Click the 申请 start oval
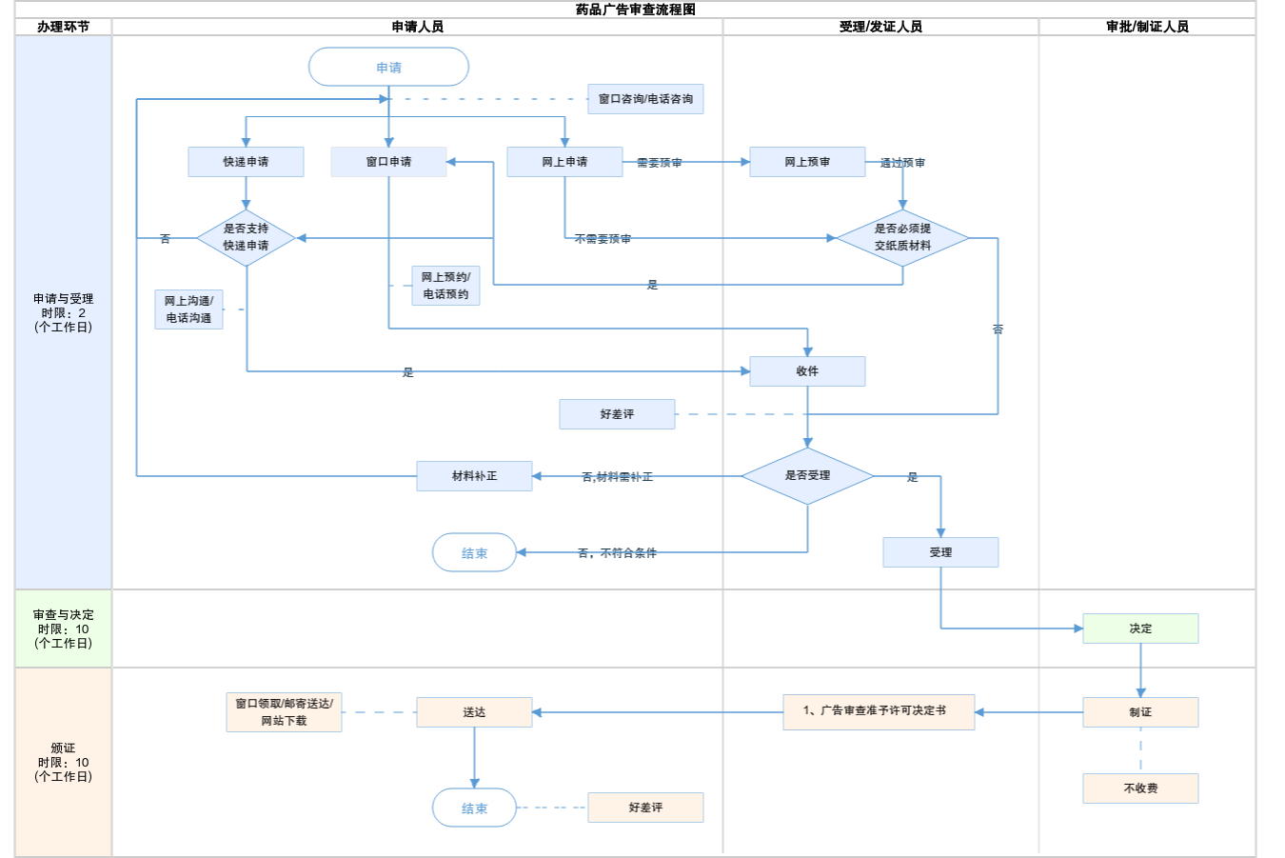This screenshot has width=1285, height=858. click(x=388, y=68)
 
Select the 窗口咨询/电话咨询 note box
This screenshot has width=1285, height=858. click(x=645, y=99)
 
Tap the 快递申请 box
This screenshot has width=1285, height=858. click(x=246, y=162)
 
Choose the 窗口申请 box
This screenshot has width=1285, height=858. click(x=388, y=162)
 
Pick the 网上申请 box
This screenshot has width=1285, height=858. click(x=564, y=162)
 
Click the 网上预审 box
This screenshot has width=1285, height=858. click(x=807, y=162)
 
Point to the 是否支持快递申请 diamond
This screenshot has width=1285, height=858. click(x=246, y=237)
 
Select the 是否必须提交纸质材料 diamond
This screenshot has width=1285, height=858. click(x=902, y=237)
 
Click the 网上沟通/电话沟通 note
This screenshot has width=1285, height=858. click(x=188, y=309)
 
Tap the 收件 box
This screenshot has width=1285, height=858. click(x=807, y=371)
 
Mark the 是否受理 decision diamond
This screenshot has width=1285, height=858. click(x=807, y=475)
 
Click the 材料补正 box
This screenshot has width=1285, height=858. click(x=474, y=476)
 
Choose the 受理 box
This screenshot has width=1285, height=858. click(x=940, y=552)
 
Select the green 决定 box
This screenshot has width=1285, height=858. click(x=1140, y=629)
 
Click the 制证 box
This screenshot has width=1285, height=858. click(x=1140, y=712)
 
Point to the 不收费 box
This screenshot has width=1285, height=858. click(x=1140, y=788)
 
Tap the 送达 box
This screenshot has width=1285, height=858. click(x=474, y=712)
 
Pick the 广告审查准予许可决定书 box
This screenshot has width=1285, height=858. click(x=879, y=711)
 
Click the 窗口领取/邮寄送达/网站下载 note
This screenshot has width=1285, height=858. click(x=284, y=712)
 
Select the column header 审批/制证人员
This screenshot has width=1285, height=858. click(x=1147, y=27)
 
